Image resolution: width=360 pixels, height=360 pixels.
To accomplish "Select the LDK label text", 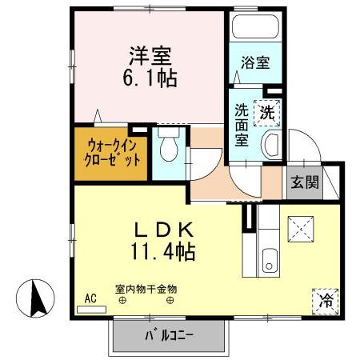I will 165,230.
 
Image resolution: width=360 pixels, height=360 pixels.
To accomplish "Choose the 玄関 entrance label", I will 305,182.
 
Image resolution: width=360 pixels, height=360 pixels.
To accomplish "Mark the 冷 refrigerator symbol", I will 326,301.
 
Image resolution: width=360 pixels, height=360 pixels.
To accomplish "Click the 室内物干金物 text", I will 145,288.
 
